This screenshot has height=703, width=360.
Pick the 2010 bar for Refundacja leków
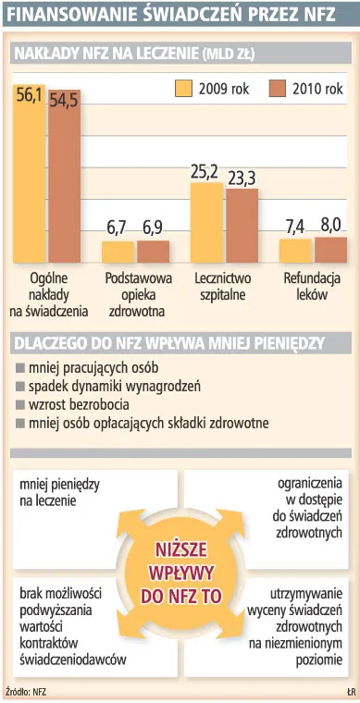330,251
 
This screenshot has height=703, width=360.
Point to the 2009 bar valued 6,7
118,253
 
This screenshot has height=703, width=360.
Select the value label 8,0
330,225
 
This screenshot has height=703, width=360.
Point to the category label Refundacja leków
311,287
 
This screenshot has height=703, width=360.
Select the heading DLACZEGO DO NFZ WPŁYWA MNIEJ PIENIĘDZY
168,342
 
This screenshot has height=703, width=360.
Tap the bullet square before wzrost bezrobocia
20,404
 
